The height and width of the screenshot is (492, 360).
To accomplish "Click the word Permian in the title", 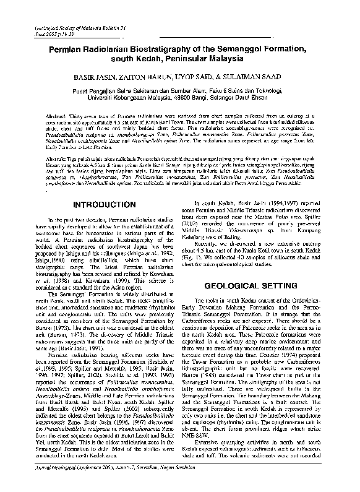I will click(76, 48).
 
